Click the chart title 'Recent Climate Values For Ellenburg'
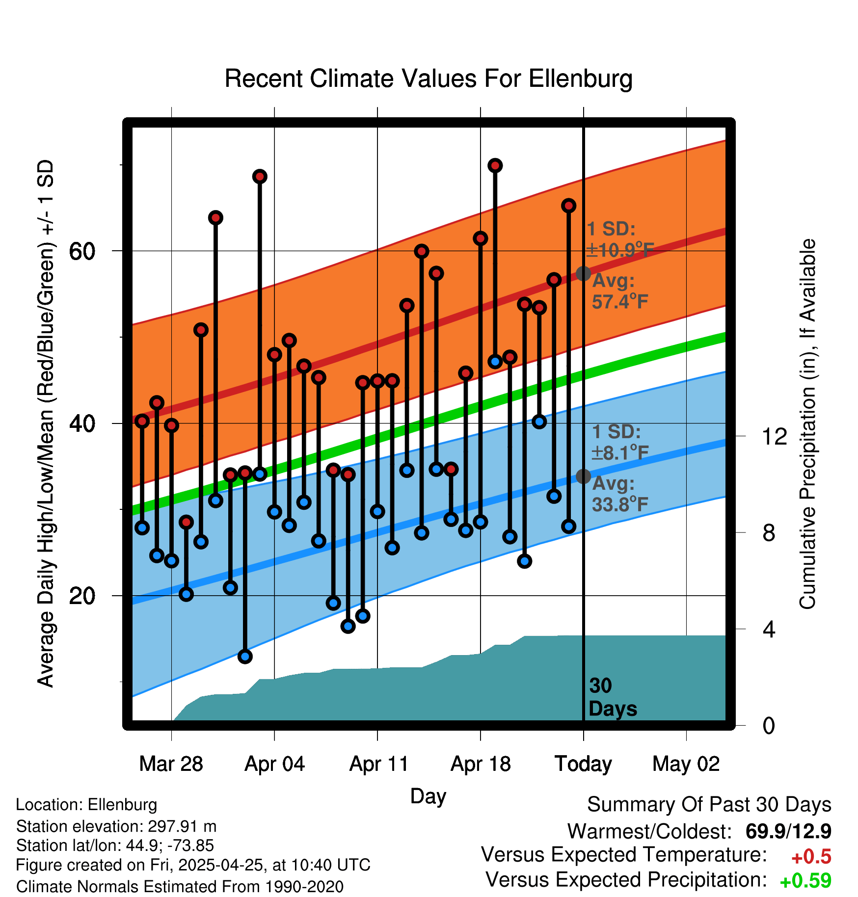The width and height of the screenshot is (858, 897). click(428, 79)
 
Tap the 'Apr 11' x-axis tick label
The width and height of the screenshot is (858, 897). click(378, 764)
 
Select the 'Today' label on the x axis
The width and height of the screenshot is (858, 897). click(583, 764)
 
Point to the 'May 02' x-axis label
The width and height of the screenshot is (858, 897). click(686, 764)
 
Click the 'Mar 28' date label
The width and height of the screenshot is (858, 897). click(171, 764)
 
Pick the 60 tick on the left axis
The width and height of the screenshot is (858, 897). click(82, 251)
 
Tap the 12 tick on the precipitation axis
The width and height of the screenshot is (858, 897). click(774, 436)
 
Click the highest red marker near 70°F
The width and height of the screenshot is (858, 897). click(495, 166)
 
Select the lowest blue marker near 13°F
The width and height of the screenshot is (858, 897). click(245, 656)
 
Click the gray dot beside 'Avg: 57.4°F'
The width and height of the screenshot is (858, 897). click(583, 273)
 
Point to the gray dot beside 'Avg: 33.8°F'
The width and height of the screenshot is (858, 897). click(583, 476)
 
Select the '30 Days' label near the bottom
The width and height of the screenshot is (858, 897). click(612, 697)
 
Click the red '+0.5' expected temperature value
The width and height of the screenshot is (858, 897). click(811, 857)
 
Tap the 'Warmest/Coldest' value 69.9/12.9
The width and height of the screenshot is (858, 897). click(788, 831)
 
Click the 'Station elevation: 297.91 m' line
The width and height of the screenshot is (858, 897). click(116, 826)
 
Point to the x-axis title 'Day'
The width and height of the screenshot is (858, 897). click(428, 796)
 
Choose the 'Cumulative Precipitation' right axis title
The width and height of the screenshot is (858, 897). click(807, 424)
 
